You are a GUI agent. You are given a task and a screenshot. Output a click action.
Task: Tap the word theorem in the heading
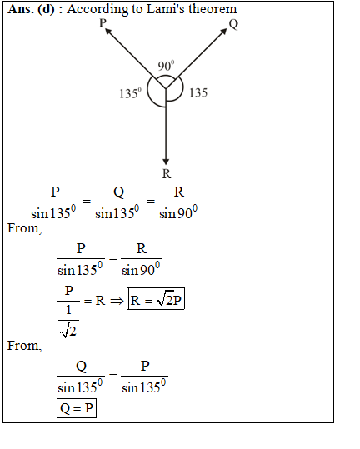click(x=212, y=9)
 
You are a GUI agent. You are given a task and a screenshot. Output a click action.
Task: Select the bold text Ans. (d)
click(x=31, y=9)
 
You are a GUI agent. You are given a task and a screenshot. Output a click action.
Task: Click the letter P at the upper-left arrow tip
click(x=102, y=23)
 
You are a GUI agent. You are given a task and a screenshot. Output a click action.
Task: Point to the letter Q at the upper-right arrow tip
click(x=233, y=24)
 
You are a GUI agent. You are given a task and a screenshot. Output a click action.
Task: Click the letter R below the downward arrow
click(x=167, y=174)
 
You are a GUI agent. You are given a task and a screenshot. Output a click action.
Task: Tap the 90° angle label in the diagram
click(x=166, y=66)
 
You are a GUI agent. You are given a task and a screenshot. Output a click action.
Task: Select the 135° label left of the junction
click(x=131, y=93)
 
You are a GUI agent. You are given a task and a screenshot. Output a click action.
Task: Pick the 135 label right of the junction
click(x=198, y=92)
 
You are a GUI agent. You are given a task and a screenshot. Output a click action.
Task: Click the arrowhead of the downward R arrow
click(x=166, y=162)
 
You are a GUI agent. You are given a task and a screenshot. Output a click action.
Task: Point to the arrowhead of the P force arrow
click(x=108, y=31)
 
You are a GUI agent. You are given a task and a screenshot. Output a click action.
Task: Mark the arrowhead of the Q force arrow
click(x=223, y=32)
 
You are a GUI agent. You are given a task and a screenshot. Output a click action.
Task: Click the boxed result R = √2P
click(x=156, y=299)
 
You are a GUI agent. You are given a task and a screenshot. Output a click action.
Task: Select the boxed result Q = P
click(x=77, y=408)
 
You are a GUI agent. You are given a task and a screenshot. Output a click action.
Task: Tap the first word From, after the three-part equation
click(x=25, y=228)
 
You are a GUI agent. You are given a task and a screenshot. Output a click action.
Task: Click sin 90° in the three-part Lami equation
click(x=178, y=212)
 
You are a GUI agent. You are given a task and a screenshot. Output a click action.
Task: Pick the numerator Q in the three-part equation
click(x=118, y=192)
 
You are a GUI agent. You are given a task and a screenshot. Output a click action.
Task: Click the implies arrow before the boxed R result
click(x=117, y=301)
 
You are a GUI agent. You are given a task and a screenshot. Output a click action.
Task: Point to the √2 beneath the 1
click(x=68, y=330)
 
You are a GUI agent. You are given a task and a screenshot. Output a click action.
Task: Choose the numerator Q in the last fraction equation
click(x=81, y=366)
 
